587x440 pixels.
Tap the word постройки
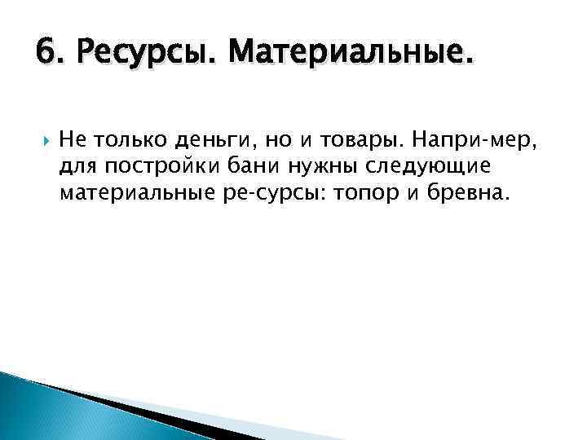click(168, 168)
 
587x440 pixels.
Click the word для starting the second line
click(76, 168)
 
